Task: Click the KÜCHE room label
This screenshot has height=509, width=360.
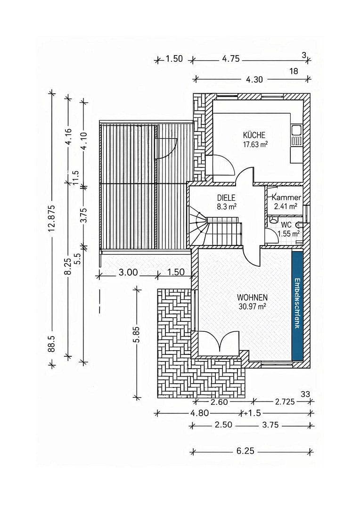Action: tap(254, 135)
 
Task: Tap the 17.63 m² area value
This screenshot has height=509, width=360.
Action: tap(255, 145)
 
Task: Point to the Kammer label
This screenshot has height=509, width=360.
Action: tap(286, 197)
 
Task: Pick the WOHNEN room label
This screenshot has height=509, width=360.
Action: tap(252, 297)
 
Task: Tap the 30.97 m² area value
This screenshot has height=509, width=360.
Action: tap(253, 306)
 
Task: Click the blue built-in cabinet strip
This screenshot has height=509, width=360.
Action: tap(297, 305)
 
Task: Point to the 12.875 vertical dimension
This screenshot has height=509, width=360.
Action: tap(51, 217)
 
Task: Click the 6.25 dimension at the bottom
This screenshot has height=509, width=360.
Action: tap(245, 451)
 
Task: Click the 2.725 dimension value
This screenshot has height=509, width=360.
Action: tap(285, 402)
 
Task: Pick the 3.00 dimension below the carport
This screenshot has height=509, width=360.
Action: tap(128, 272)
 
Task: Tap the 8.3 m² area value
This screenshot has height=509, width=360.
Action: tap(226, 206)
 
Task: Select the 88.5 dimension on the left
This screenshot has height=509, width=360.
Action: tap(52, 344)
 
